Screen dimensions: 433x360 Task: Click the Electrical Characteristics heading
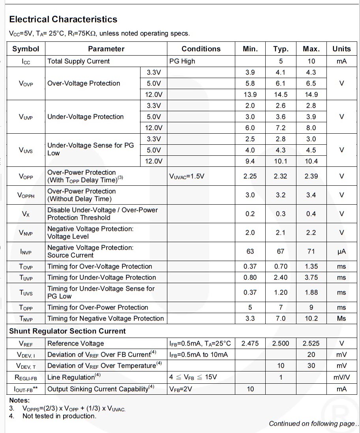63,19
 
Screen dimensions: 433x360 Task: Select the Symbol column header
26,49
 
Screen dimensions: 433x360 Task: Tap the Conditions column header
201,49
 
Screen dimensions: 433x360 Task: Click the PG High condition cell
182,61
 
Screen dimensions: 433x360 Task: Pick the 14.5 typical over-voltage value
280,95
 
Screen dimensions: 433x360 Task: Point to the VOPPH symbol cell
26,195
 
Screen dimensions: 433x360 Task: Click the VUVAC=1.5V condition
187,176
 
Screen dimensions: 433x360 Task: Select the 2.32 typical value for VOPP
280,176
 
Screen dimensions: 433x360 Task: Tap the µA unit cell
341,252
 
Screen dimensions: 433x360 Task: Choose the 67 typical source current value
280,252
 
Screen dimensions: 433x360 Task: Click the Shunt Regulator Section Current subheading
67,331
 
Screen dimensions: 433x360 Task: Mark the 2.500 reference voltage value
280,343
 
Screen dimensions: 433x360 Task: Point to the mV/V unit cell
341,377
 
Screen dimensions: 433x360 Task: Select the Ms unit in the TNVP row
341,319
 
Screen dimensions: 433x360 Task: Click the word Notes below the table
19,400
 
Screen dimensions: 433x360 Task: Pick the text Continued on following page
312,424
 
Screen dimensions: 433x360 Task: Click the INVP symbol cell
26,252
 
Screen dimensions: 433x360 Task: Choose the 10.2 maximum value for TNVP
311,319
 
